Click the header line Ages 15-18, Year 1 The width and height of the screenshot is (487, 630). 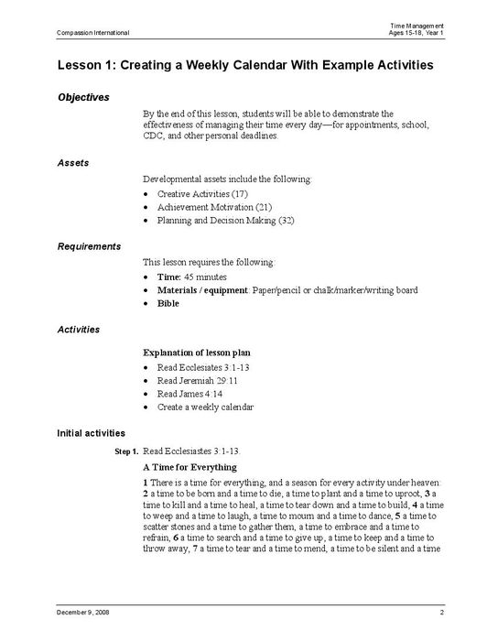[417, 33]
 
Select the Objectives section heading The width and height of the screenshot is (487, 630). [83, 97]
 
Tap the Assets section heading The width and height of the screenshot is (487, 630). [73, 162]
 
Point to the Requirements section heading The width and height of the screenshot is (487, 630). [89, 246]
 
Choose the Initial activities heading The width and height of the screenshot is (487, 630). [92, 432]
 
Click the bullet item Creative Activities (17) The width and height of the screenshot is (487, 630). [202, 195]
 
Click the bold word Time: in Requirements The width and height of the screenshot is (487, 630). [169, 277]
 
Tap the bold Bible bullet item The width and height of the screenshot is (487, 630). [168, 303]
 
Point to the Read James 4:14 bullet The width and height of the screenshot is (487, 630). [189, 394]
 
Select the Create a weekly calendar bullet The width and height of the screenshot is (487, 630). [205, 407]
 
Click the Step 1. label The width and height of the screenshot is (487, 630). [126, 452]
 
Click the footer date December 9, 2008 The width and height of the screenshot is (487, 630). [83, 611]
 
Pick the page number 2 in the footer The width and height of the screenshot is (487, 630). [441, 611]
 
